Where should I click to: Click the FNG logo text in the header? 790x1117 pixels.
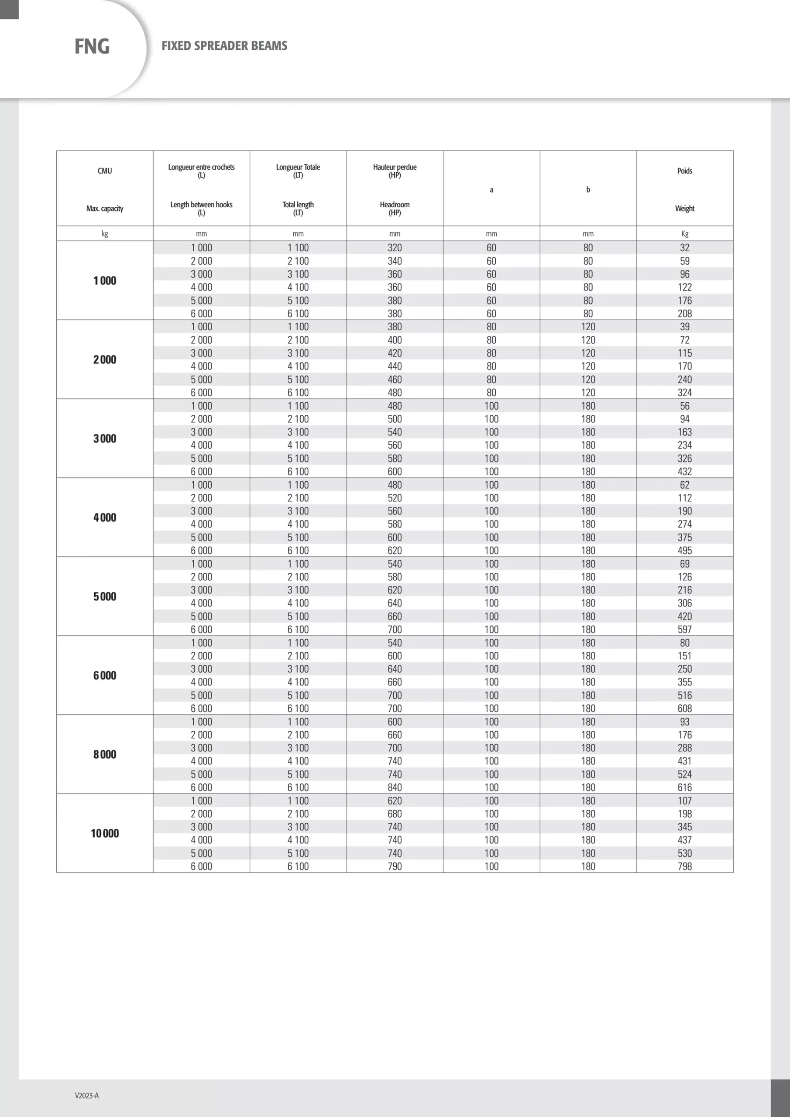[92, 47]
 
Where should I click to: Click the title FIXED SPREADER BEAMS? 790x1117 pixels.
[224, 46]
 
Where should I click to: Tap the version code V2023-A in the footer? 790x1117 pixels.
[87, 1096]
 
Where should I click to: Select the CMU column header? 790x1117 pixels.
[105, 171]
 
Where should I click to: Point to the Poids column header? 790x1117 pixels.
[684, 171]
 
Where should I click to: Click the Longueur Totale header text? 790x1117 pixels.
[298, 168]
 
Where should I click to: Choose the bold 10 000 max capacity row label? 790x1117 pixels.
[105, 833]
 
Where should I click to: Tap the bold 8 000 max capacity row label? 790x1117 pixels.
[105, 754]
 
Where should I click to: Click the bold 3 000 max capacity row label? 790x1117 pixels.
[105, 439]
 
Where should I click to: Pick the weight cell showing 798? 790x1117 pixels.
[684, 867]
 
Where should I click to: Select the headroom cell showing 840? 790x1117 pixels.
[395, 787]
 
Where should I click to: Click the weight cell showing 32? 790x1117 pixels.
[684, 248]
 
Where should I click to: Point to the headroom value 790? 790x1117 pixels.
[395, 867]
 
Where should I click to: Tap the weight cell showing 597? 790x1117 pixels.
[684, 630]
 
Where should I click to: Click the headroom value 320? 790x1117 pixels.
[395, 248]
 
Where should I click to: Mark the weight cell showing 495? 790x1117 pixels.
[684, 551]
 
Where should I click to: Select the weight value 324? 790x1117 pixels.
[684, 393]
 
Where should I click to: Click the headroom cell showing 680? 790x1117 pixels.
[395, 814]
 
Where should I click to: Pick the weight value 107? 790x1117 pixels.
[684, 801]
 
